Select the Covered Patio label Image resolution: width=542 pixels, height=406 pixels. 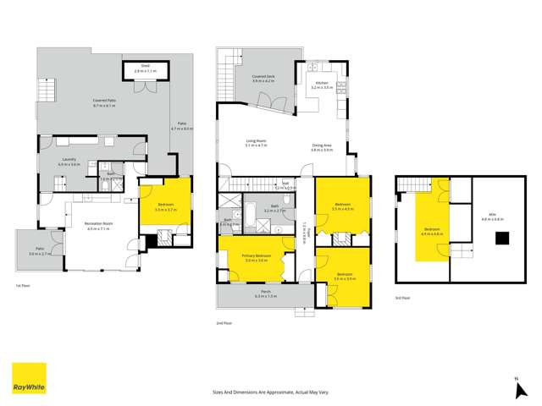105,102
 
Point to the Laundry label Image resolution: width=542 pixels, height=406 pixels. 69,162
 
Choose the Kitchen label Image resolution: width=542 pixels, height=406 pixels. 323,85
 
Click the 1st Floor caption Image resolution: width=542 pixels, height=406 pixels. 23,287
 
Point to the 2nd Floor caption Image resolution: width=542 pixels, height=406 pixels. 224,323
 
